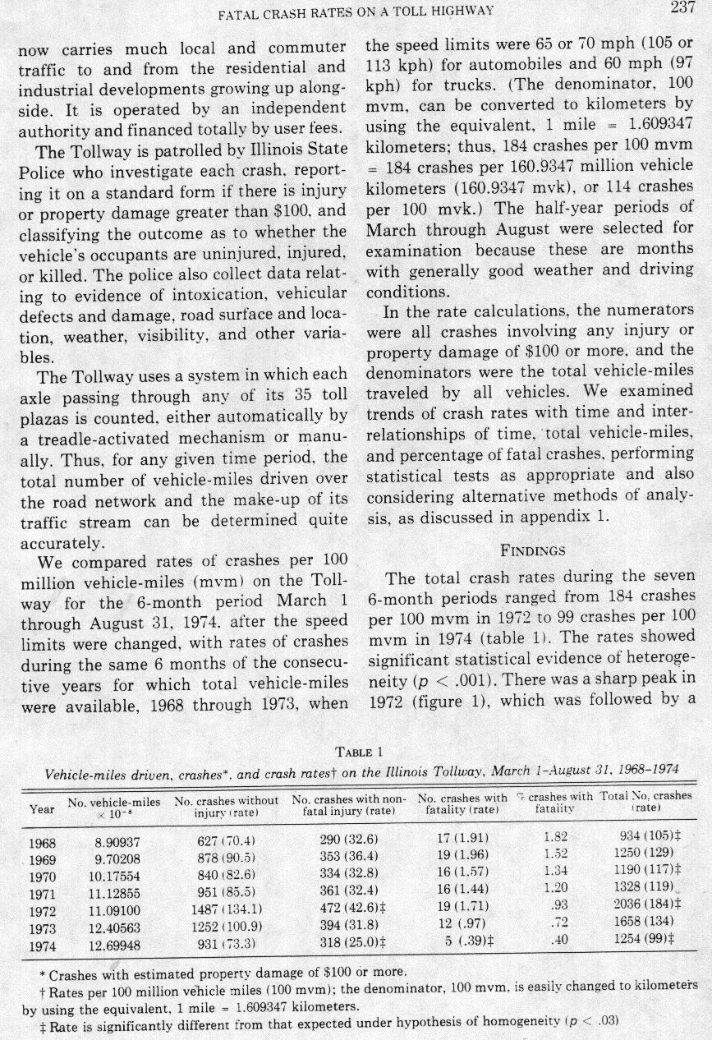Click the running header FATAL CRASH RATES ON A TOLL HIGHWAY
(355, 11)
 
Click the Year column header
(42, 808)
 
